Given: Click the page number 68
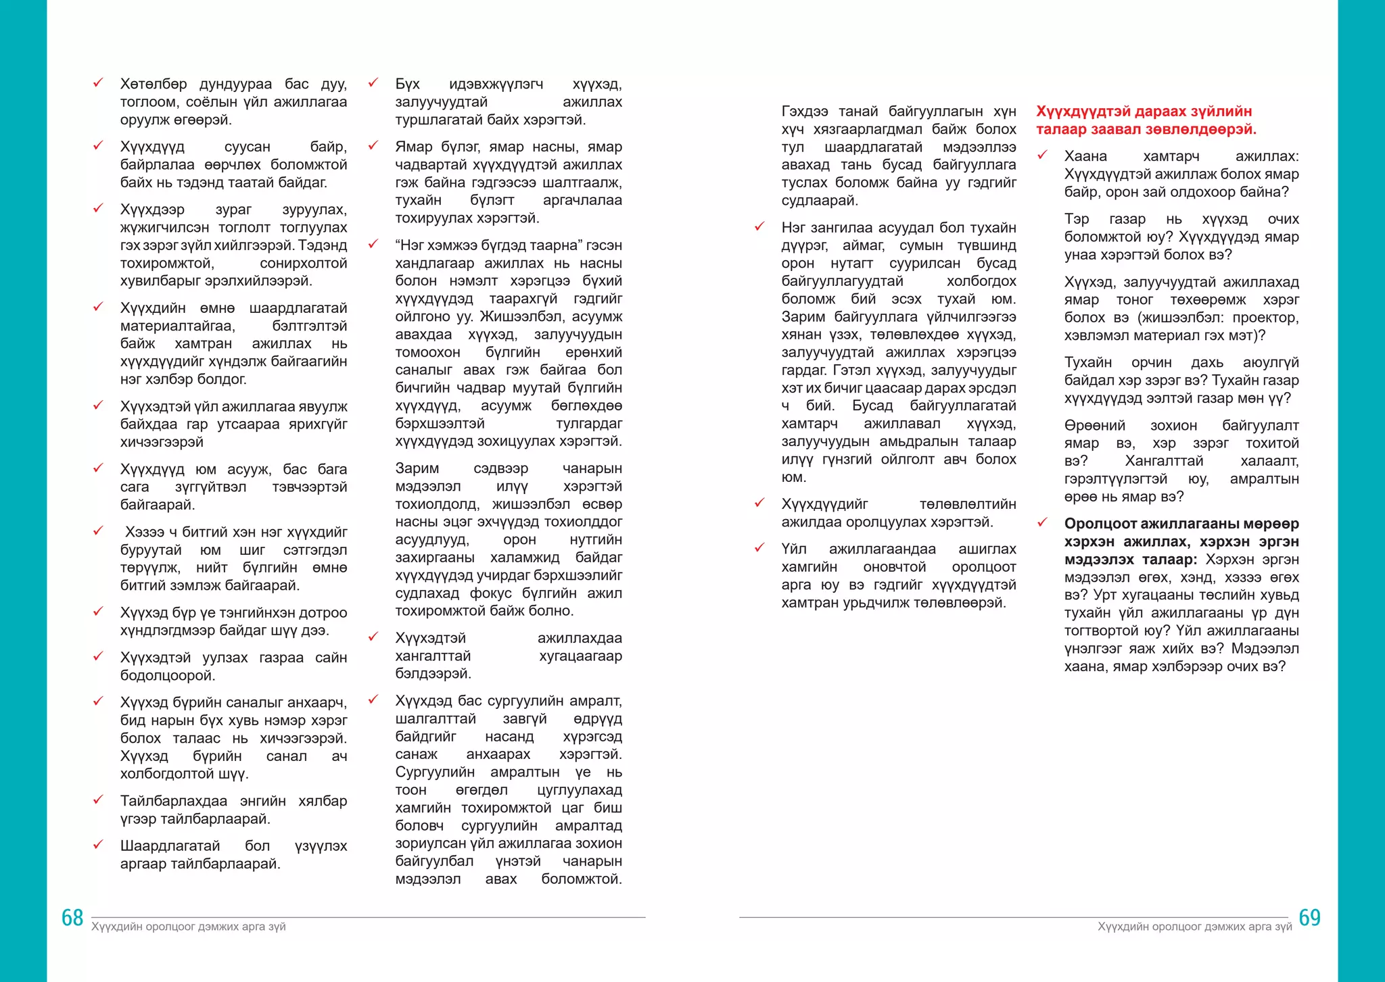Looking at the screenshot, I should click(72, 917).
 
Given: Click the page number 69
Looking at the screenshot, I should click(1309, 917).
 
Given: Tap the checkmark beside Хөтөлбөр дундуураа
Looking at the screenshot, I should click(98, 83).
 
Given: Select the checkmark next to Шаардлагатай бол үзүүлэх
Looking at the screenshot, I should click(98, 845).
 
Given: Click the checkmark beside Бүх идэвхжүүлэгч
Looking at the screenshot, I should click(373, 83).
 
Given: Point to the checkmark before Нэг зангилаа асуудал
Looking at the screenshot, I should click(759, 226).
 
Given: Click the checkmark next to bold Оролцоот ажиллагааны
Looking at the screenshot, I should click(1042, 522).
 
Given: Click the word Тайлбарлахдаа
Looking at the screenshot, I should click(174, 801).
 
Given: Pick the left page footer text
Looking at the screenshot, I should click(189, 927).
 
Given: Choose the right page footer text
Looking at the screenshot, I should click(1194, 927).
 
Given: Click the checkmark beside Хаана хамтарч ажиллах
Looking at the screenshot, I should click(1042, 155).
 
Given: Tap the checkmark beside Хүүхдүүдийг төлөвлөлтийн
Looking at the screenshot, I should click(759, 503).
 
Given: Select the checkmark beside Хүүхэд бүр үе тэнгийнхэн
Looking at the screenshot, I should click(98, 612).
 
